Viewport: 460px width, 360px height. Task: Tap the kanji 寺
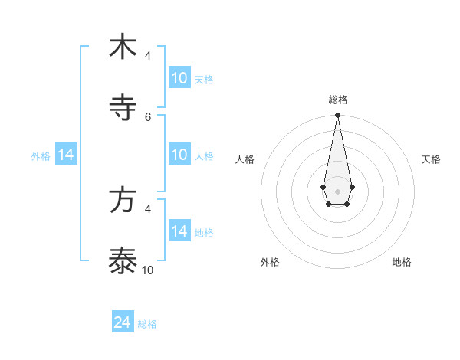[123, 107]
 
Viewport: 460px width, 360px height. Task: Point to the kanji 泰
[123, 260]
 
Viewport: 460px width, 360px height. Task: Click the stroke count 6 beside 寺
[148, 116]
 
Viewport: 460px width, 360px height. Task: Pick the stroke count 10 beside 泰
[148, 270]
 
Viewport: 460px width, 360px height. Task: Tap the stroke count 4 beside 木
[148, 55]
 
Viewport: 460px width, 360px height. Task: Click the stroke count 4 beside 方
[148, 208]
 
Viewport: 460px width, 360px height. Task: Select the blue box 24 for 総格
[123, 323]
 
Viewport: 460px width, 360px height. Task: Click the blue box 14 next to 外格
[66, 155]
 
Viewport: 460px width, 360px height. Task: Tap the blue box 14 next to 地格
[179, 231]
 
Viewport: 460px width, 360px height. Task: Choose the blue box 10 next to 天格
[179, 78]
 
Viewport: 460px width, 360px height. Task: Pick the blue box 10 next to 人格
[179, 155]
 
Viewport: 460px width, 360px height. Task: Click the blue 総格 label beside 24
[147, 324]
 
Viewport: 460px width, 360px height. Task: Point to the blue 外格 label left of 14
[41, 156]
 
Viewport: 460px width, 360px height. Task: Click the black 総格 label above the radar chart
[337, 100]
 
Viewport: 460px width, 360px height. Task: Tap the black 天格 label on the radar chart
[431, 159]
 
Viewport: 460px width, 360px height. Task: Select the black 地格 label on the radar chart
[402, 262]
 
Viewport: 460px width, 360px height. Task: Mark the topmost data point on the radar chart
[337, 115]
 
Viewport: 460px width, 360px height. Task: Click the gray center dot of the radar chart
[337, 190]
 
